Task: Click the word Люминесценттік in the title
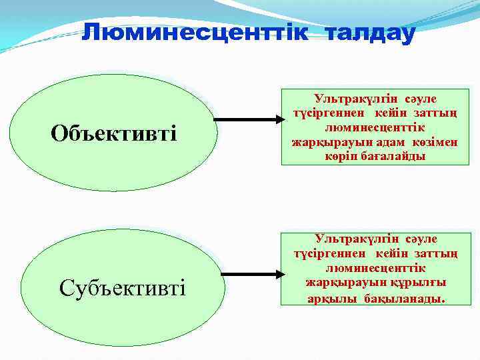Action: pyautogui.click(x=194, y=33)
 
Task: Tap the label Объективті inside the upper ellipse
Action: pyautogui.click(x=114, y=133)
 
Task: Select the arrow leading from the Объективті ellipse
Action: pyautogui.click(x=250, y=121)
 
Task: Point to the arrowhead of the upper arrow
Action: pyautogui.click(x=278, y=121)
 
